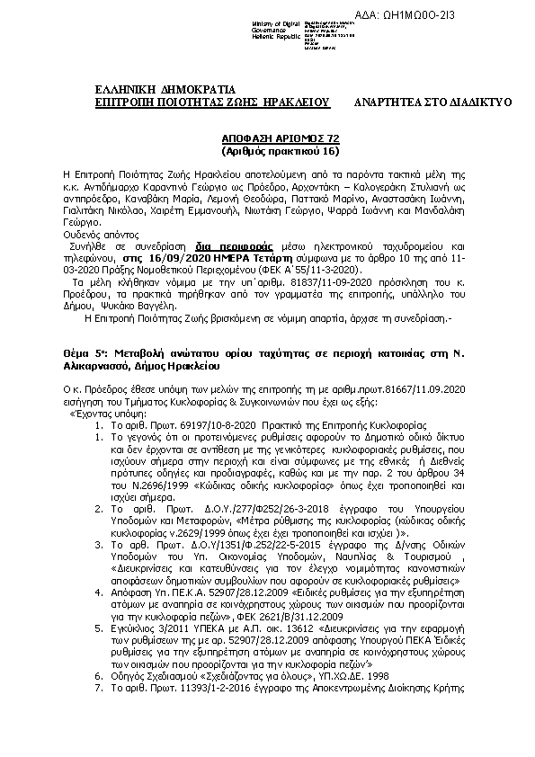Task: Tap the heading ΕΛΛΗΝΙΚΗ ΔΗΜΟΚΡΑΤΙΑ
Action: tap(165, 89)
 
